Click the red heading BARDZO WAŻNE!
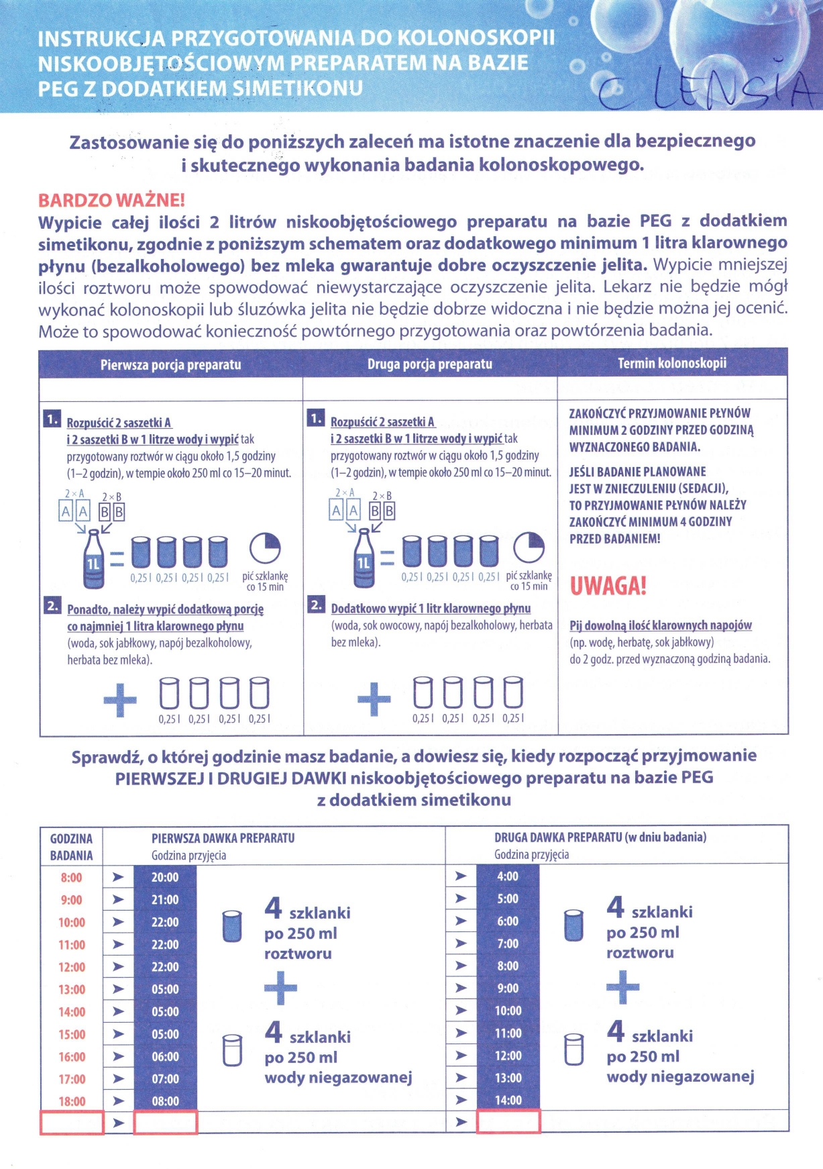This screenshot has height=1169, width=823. click(111, 200)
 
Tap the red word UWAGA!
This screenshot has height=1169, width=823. click(608, 586)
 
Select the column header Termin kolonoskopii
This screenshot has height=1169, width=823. click(672, 363)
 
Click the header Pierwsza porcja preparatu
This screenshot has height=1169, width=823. click(170, 364)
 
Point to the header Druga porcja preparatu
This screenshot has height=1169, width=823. click(429, 364)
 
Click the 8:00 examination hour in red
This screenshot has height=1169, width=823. click(71, 878)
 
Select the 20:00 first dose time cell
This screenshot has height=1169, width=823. click(165, 878)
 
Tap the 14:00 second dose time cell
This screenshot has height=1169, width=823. click(508, 1101)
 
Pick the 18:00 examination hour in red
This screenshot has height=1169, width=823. click(72, 1101)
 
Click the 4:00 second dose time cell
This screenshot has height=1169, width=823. click(508, 876)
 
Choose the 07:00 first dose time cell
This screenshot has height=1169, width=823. click(165, 1079)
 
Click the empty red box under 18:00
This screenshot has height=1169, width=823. click(72, 1123)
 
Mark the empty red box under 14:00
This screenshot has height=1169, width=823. click(508, 1122)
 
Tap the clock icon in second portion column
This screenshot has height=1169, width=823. click(529, 548)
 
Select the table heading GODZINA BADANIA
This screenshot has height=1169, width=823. click(71, 847)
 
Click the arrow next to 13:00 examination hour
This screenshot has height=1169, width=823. click(118, 990)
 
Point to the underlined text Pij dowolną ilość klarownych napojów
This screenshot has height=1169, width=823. click(661, 625)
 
